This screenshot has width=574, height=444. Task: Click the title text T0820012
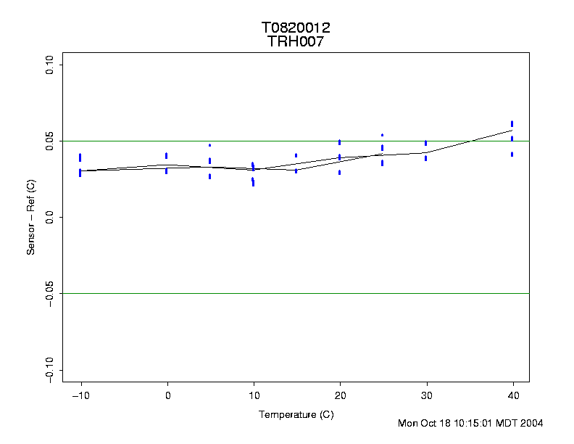(x=296, y=28)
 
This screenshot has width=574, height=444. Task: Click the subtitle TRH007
(x=296, y=41)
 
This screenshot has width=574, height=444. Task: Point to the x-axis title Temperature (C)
(x=296, y=414)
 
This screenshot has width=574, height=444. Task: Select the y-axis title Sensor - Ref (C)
(x=31, y=218)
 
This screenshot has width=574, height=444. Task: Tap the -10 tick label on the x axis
(x=80, y=395)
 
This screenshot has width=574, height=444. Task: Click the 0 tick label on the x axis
(x=167, y=395)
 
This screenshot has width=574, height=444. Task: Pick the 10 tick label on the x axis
(x=254, y=395)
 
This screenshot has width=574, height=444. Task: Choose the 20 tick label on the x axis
(x=340, y=395)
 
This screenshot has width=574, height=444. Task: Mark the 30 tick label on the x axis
(x=426, y=395)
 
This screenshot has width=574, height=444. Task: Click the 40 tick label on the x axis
(x=512, y=395)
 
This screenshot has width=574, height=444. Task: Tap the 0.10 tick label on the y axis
(x=49, y=65)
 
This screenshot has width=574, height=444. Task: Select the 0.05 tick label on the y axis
(x=49, y=141)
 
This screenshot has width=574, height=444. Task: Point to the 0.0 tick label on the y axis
(x=49, y=217)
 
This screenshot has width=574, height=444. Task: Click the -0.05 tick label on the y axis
(x=49, y=294)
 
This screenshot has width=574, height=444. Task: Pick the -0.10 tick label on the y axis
(x=49, y=369)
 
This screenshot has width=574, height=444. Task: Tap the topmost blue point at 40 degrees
(x=512, y=123)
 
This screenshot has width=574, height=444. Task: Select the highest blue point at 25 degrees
(x=382, y=135)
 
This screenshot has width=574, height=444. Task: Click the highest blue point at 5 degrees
(x=209, y=145)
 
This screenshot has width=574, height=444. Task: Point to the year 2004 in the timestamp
(x=531, y=423)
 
